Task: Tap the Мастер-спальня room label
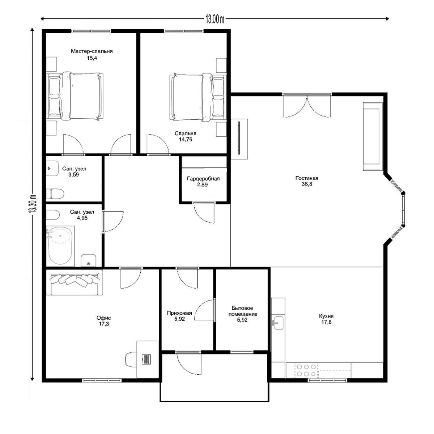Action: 92,51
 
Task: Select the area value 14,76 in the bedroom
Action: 186,139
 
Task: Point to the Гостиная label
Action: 307,178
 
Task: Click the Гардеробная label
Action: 203,179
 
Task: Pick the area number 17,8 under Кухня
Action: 326,322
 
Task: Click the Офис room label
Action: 103,318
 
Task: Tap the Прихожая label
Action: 179,313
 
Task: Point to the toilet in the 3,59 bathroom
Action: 55,194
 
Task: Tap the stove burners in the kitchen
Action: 306,370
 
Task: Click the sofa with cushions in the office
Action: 75,282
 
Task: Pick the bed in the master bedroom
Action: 75,96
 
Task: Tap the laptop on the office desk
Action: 146,359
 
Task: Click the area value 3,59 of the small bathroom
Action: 73,175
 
